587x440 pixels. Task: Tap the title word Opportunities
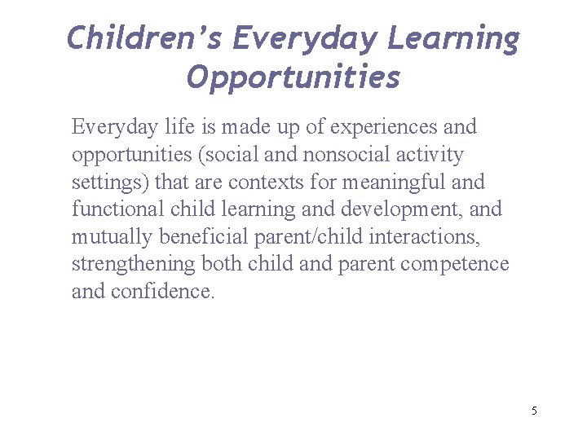coord(293,77)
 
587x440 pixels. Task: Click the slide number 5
coord(534,411)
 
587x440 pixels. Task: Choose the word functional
coord(119,209)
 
